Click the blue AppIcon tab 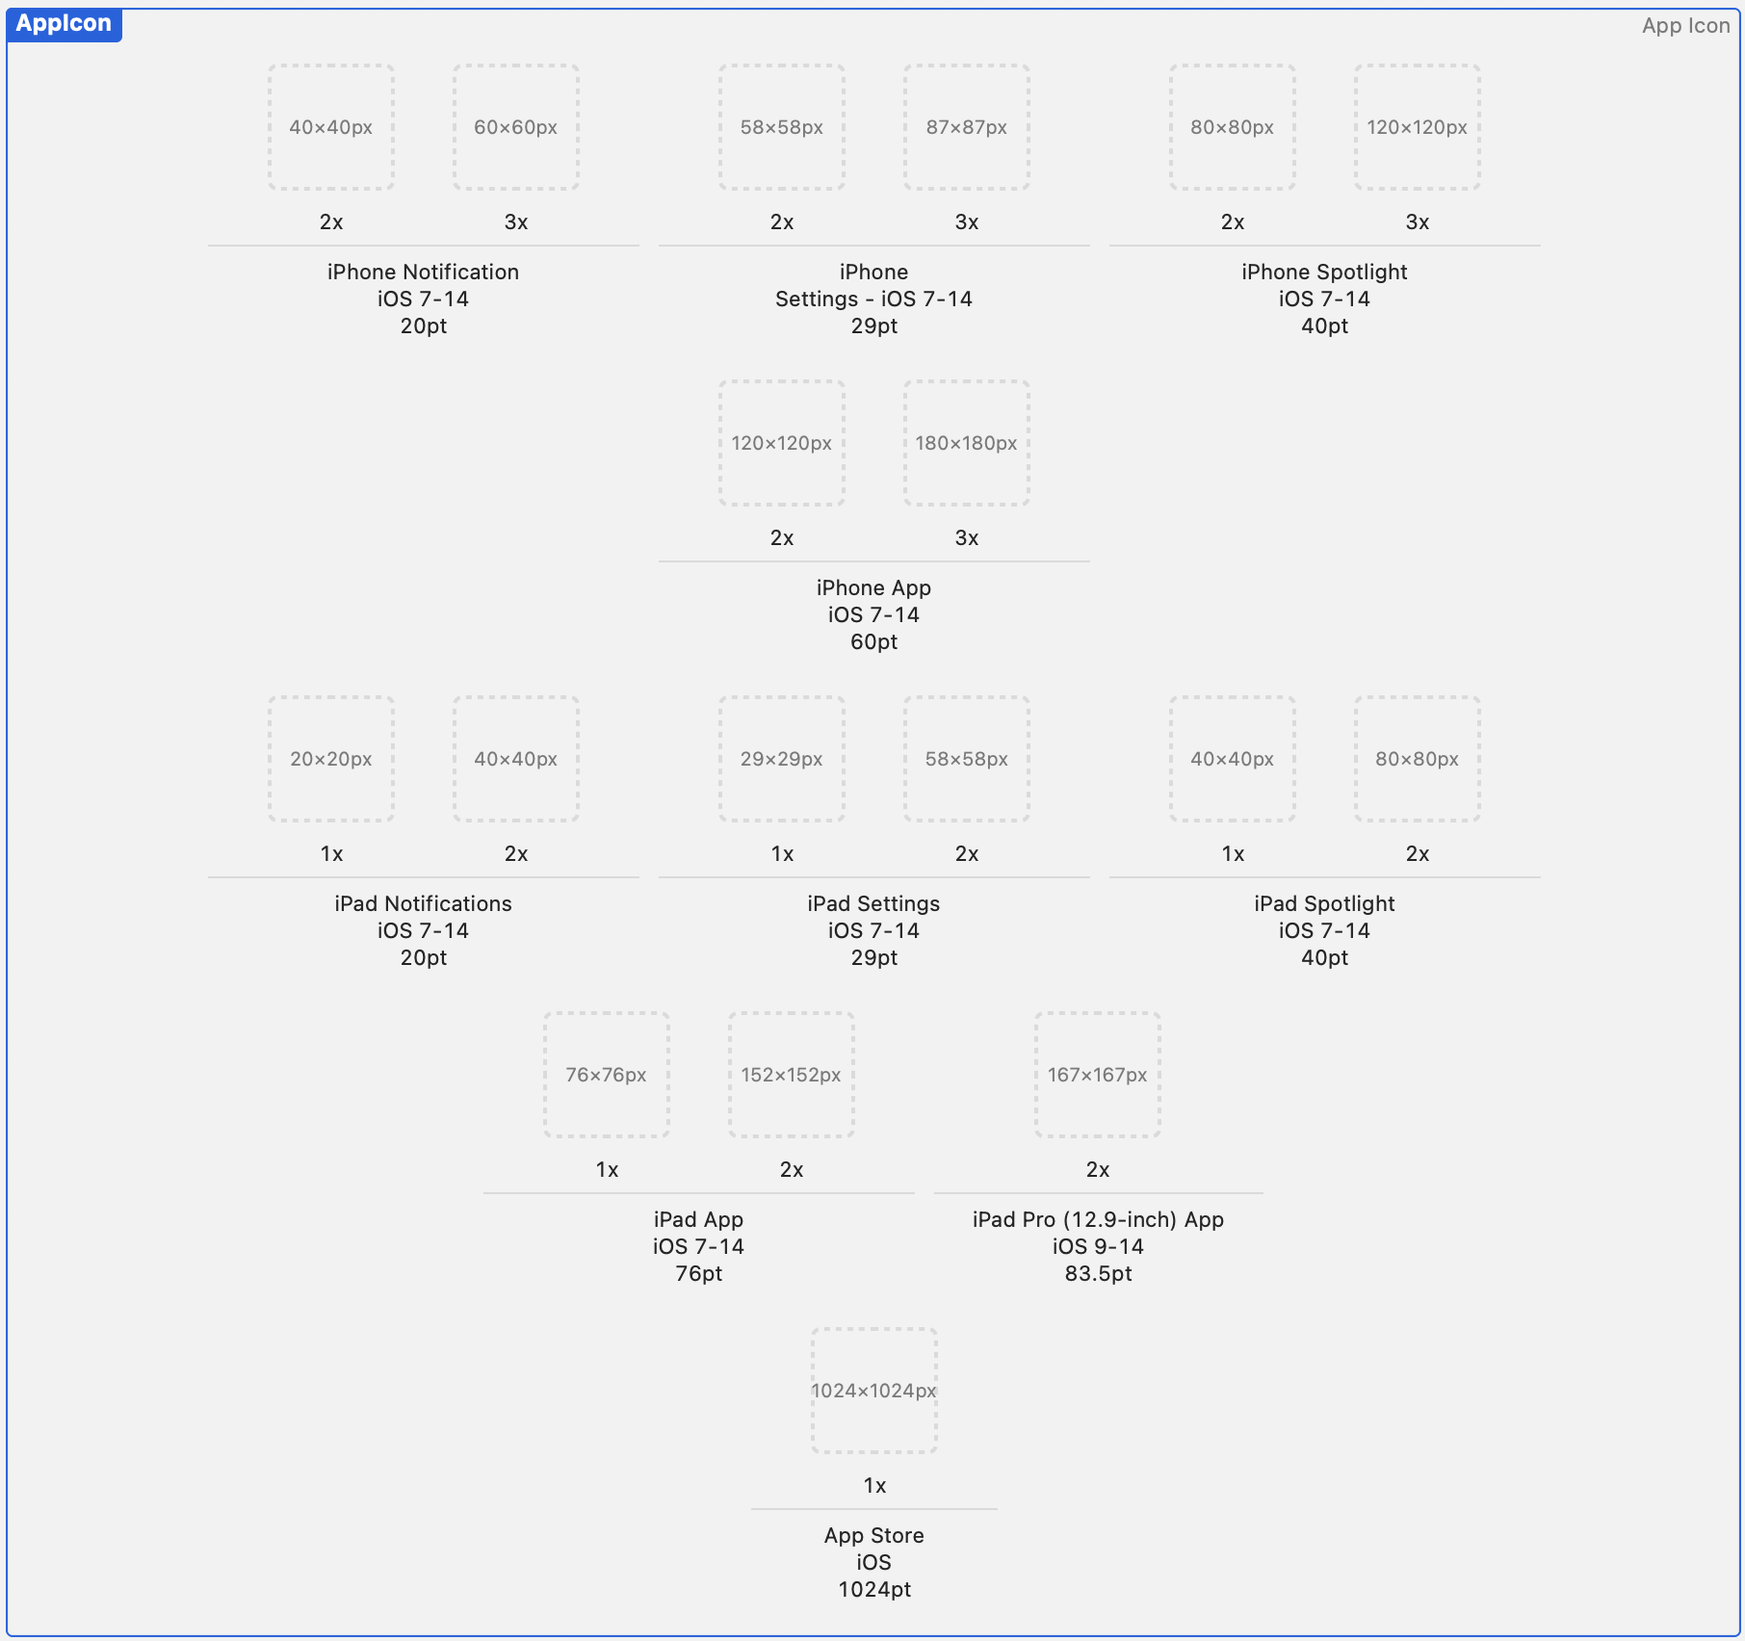click(x=64, y=24)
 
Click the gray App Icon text click(x=1685, y=26)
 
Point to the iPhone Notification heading click(x=423, y=273)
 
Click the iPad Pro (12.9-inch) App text click(x=1098, y=1220)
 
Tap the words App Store click(x=873, y=1536)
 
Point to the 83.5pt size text click(x=1098, y=1274)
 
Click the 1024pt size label click(x=873, y=1590)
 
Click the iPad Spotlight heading click(x=1324, y=904)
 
